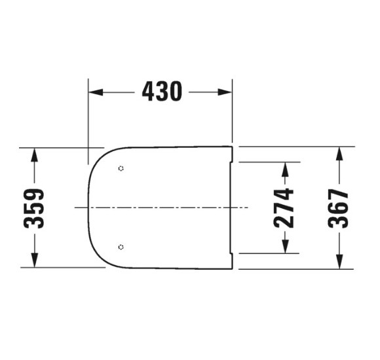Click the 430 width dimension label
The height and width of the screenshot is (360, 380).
tap(162, 92)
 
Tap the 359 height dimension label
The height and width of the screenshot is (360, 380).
tap(34, 208)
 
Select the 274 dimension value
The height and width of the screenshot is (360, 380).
tap(284, 207)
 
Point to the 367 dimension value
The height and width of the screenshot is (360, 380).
tap(339, 208)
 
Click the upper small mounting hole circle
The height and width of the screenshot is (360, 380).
tap(121, 169)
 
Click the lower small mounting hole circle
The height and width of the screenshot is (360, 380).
tap(121, 247)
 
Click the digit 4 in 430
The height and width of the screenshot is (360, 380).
tap(149, 92)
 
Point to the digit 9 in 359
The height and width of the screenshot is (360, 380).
tap(34, 195)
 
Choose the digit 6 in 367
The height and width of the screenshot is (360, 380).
tap(339, 208)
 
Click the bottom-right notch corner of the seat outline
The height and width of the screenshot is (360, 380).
tap(233, 267)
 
